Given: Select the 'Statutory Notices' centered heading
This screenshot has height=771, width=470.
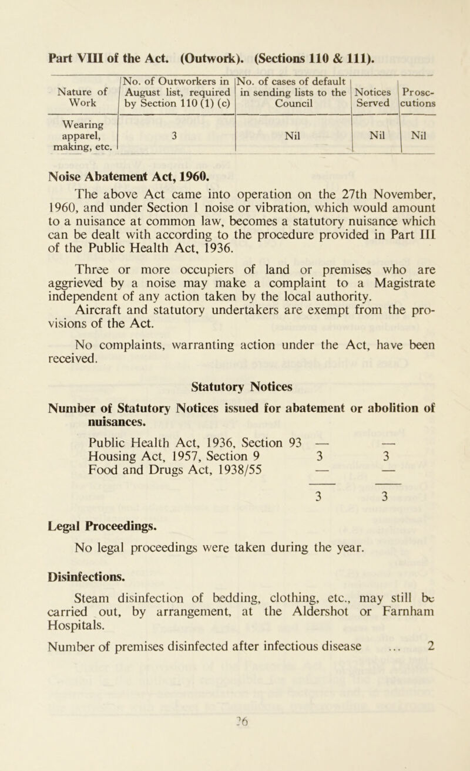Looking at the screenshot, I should (x=234, y=402).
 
